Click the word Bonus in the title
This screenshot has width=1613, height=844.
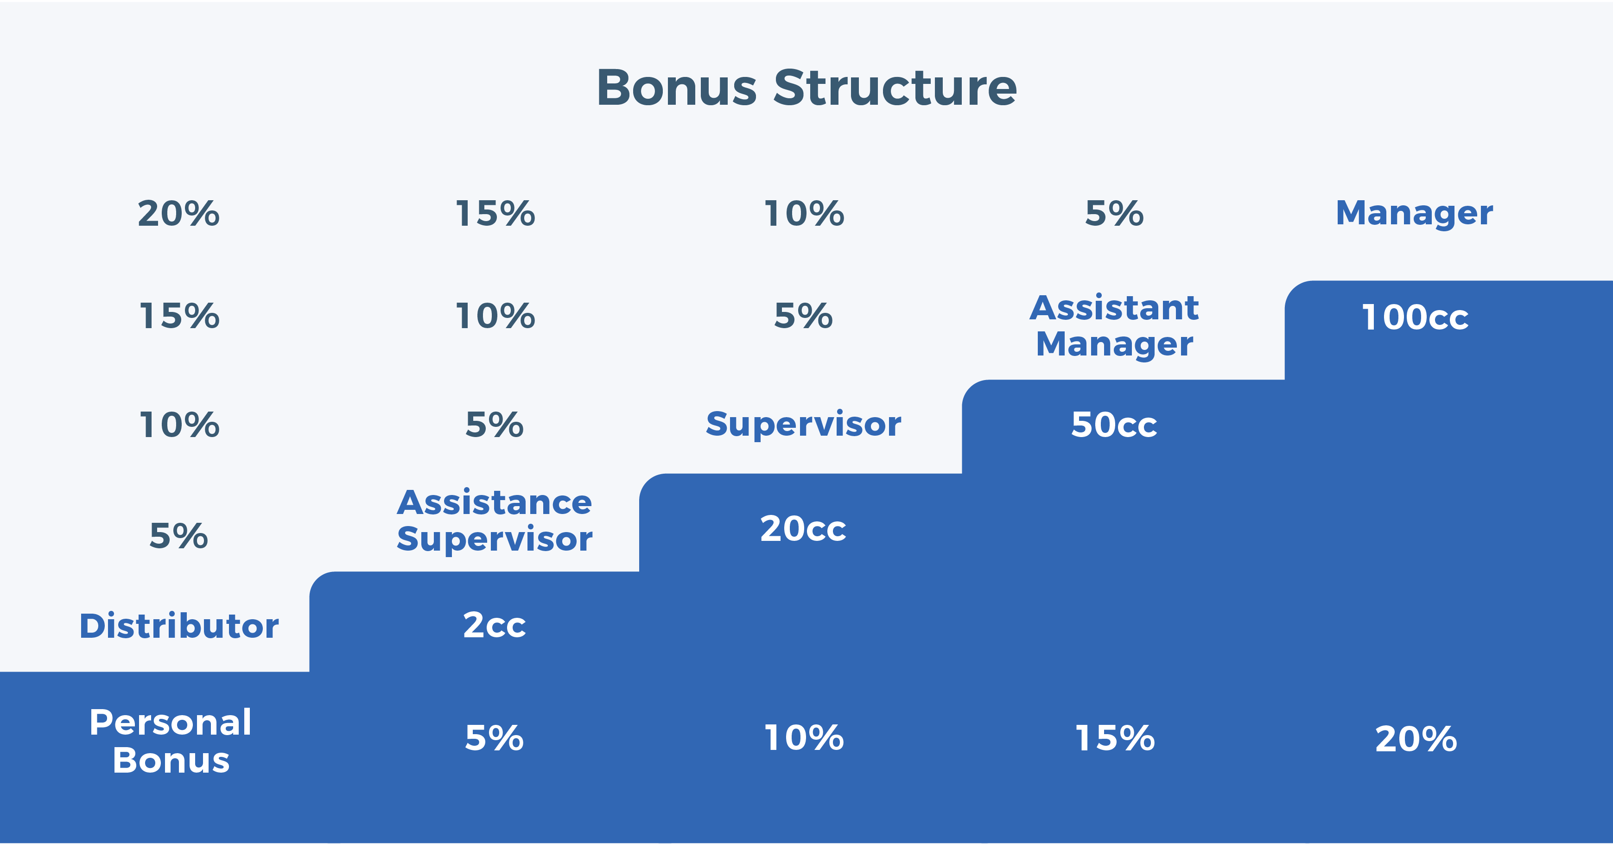pos(676,88)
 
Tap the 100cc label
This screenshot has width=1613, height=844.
pos(1415,317)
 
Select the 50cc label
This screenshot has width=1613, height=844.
pos(1114,425)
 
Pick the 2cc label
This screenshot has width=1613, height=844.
pos(494,625)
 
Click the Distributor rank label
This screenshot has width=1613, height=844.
pos(179,626)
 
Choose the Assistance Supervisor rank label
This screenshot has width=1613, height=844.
pos(494,520)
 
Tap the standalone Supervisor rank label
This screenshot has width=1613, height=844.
pos(803,424)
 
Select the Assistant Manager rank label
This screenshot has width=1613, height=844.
pos(1114,325)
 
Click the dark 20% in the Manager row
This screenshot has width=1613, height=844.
pos(178,214)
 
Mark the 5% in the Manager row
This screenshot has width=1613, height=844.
pos(1114,214)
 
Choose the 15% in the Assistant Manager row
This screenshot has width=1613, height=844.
pos(179,316)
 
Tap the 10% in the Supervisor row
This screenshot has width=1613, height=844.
pos(179,425)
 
